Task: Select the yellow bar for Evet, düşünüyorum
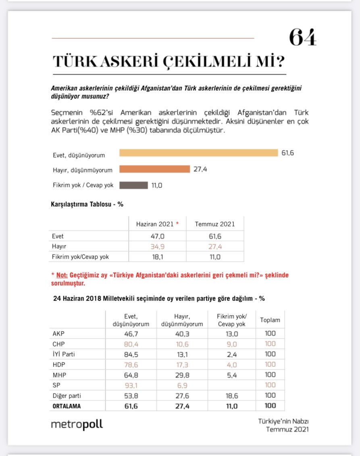[198, 153]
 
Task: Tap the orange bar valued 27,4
[154, 169]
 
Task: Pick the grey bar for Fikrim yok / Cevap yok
[133, 185]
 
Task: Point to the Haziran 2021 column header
[157, 224]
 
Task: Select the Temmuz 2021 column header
[214, 224]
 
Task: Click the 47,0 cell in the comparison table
[157, 236]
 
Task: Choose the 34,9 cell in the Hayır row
[157, 247]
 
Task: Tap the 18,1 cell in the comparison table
[157, 257]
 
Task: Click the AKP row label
[58, 334]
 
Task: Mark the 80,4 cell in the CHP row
[131, 344]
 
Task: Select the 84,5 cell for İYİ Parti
[131, 354]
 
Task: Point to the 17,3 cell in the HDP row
[182, 365]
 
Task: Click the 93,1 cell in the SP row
[131, 385]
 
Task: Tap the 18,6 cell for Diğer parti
[231, 396]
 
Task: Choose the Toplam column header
[270, 320]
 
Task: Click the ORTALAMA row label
[67, 406]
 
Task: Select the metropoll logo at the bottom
[77, 425]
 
